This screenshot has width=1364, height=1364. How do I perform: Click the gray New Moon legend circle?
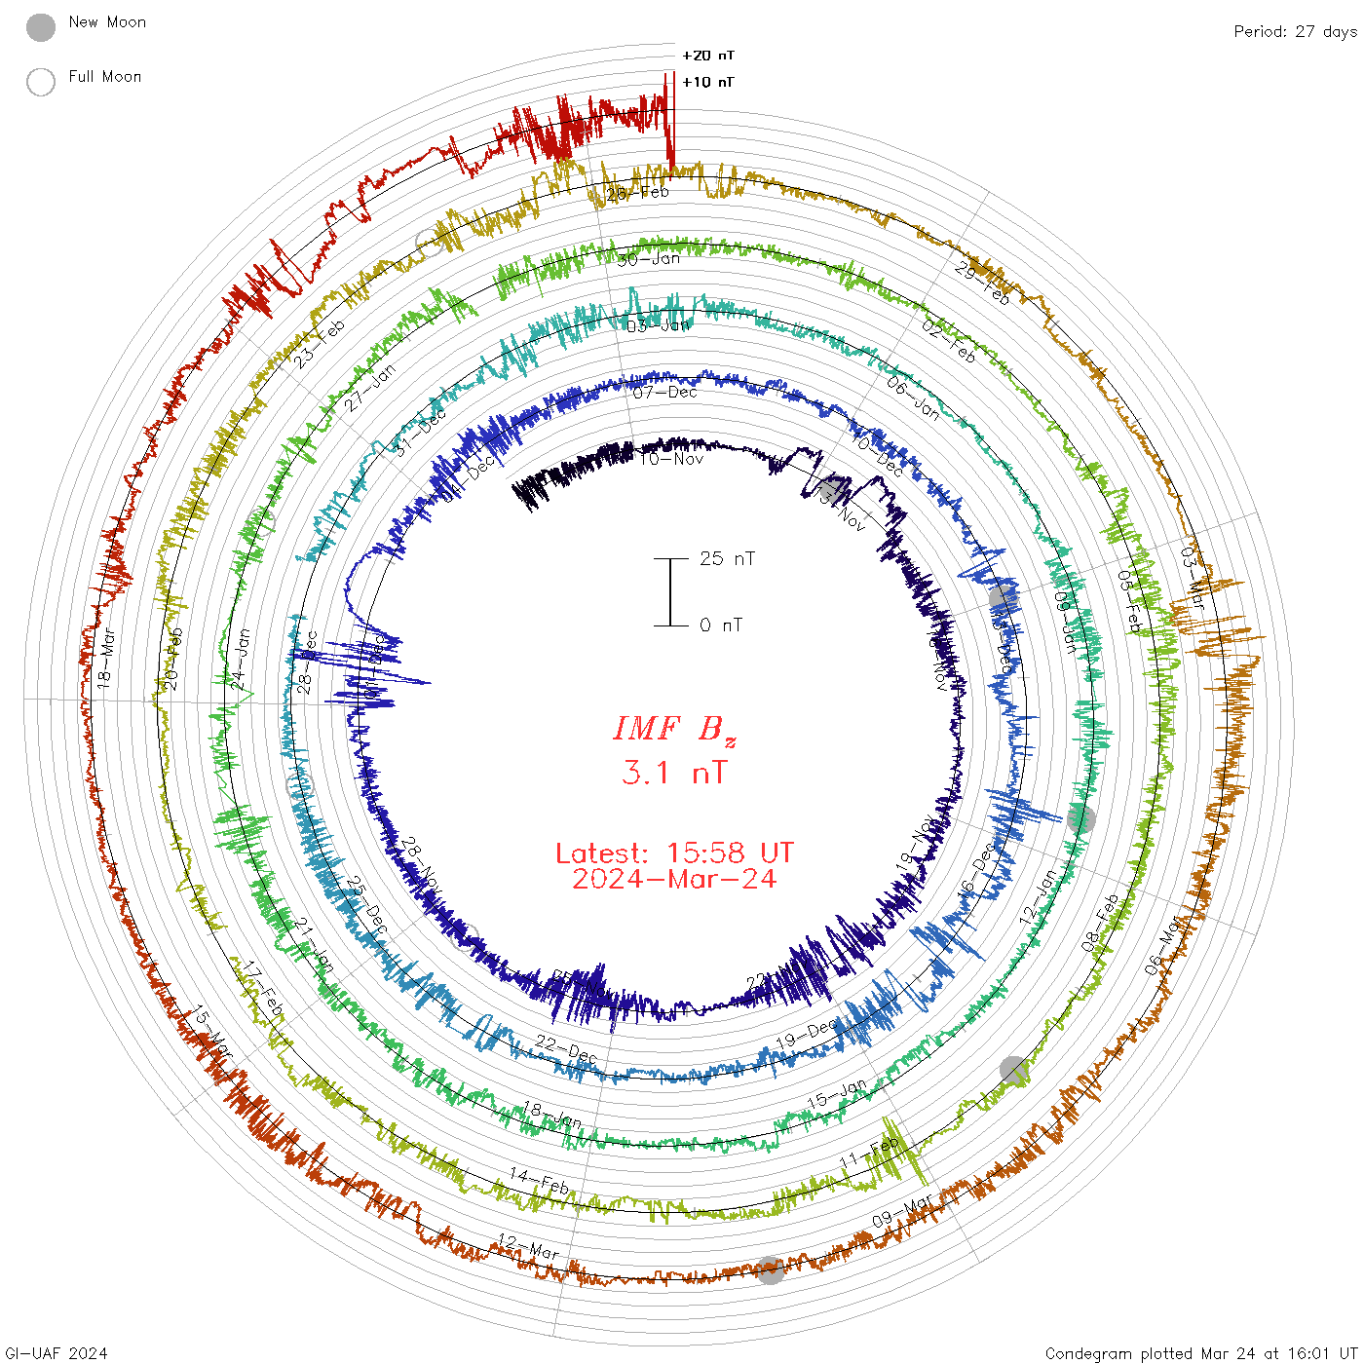coord(41,28)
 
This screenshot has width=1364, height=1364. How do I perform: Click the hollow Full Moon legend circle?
coord(41,82)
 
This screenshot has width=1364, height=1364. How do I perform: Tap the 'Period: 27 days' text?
coord(1295,31)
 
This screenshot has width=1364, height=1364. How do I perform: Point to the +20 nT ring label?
coord(708,56)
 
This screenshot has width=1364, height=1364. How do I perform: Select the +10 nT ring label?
coord(708,82)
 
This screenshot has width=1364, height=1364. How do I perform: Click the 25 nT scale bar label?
coord(727,558)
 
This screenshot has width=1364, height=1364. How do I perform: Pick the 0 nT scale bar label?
coord(721,625)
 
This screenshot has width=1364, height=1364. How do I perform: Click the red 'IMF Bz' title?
coord(674,729)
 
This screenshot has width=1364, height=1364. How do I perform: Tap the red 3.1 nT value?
coord(674,773)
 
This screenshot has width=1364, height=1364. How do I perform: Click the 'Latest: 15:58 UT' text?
coord(674,853)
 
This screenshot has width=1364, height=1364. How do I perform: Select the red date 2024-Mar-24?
coord(674,879)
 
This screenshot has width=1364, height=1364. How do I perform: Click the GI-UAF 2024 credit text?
coord(57,1353)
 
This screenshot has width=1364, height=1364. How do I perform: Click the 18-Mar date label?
coord(105,661)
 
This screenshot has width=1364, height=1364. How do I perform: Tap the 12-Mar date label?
coord(528,1246)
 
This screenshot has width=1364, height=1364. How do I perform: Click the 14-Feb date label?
coord(539,1181)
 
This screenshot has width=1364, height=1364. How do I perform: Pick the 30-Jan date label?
coord(649,259)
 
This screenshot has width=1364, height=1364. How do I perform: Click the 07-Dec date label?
coord(664,393)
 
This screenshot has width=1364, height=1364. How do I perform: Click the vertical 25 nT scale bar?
coord(670,591)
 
